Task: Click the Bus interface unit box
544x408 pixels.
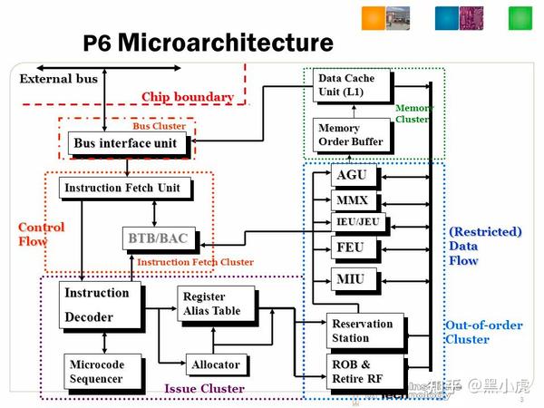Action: point(126,143)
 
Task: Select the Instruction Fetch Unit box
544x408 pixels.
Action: point(121,189)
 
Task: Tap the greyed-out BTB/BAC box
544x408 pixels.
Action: point(158,238)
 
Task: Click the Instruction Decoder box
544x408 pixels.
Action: point(100,305)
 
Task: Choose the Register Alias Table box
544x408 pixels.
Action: point(216,304)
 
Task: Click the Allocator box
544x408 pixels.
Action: point(216,364)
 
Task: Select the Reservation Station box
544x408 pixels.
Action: point(363,331)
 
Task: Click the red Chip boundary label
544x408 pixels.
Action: point(187,97)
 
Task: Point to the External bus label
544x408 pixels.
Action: point(59,79)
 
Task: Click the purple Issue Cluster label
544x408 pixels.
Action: point(204,389)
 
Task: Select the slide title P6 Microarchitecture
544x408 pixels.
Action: point(209,43)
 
